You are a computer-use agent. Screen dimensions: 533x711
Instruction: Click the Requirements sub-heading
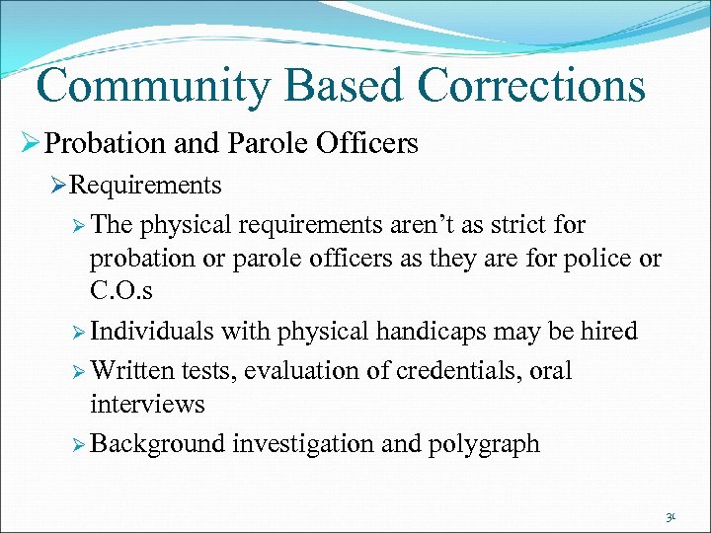(x=146, y=185)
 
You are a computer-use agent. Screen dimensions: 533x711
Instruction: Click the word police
(x=600, y=260)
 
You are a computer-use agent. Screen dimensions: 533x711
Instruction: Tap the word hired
(x=609, y=332)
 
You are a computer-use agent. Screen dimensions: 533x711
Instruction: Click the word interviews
(x=147, y=405)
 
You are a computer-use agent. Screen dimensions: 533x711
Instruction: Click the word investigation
(x=303, y=443)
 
